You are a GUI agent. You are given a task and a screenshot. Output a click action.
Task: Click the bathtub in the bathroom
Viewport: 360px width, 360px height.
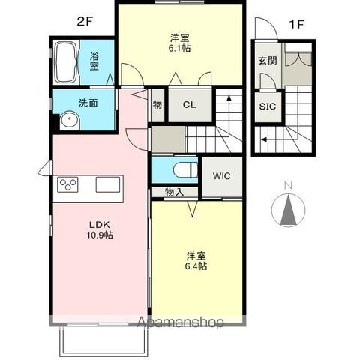click(66, 62)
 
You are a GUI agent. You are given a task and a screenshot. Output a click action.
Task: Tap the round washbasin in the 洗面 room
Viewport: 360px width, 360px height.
click(70, 120)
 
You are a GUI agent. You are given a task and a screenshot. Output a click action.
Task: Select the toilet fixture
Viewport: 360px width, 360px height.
click(185, 170)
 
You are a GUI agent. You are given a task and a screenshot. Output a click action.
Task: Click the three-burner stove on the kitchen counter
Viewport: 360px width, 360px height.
click(67, 184)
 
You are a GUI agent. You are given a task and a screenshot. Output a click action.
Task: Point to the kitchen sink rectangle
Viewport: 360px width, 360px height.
click(108, 184)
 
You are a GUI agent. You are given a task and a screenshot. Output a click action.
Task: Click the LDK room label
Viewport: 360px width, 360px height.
click(100, 224)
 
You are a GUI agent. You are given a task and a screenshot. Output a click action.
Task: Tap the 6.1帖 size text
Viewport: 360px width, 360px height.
click(179, 48)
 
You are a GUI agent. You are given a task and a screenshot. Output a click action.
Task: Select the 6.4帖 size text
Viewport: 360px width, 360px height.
click(196, 266)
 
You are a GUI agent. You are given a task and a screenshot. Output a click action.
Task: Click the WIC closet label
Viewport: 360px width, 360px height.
click(221, 176)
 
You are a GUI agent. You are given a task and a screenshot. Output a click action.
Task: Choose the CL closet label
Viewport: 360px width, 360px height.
click(190, 105)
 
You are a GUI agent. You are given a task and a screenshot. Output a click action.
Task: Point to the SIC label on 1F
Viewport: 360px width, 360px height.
click(268, 106)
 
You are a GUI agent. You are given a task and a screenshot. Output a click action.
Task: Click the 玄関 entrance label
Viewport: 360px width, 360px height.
click(268, 61)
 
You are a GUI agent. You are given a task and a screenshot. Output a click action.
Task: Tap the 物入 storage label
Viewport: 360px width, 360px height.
click(175, 192)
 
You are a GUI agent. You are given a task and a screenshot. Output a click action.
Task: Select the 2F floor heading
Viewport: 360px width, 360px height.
click(85, 22)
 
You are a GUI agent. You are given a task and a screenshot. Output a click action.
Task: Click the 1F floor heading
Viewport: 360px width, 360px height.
click(296, 25)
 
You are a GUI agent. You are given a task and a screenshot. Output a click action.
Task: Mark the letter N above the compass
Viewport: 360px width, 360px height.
click(289, 185)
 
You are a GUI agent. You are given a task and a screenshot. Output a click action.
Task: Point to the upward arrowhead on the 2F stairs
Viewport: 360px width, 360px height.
click(229, 97)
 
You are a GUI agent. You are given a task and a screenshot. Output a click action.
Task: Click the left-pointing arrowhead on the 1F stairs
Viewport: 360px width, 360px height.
click(263, 139)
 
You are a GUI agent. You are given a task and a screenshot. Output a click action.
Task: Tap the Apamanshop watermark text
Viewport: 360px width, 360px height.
click(180, 322)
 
